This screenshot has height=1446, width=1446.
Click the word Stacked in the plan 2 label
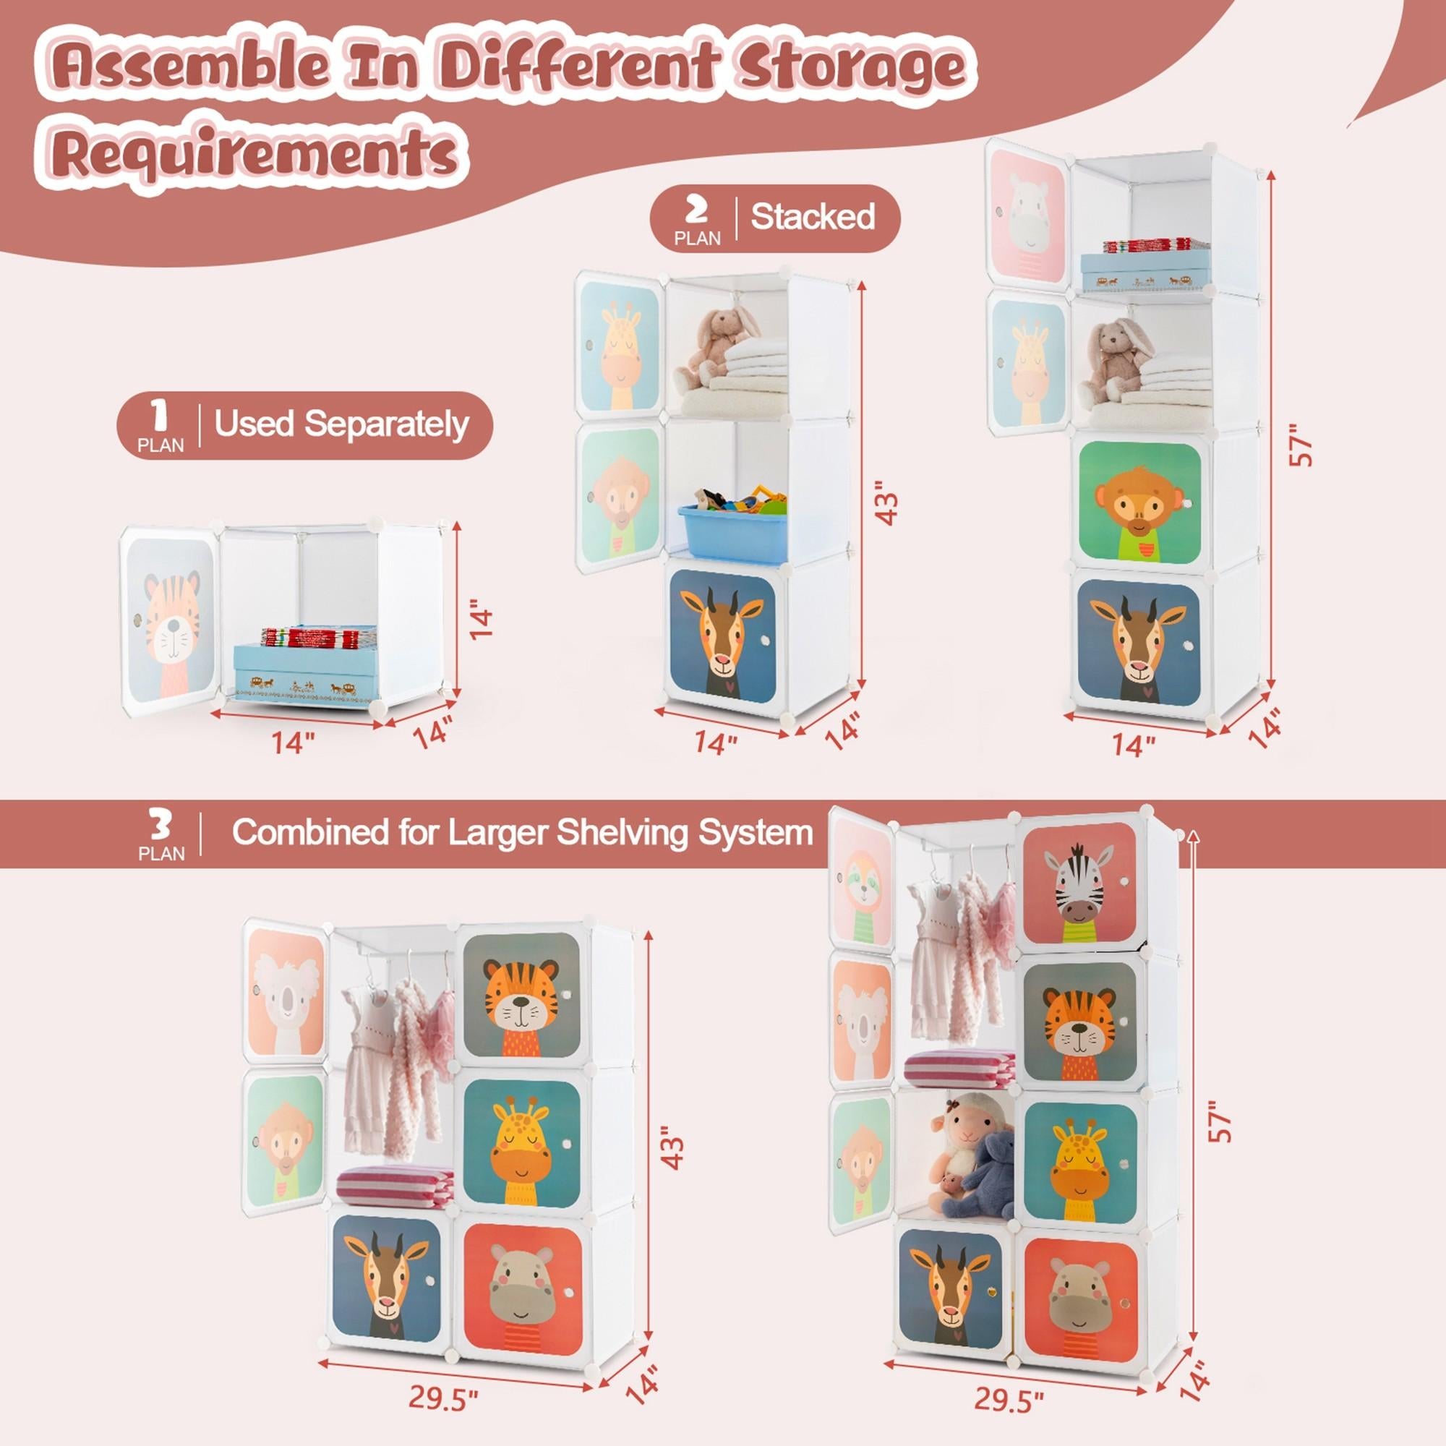[x=813, y=217]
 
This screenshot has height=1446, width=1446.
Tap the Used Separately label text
[x=341, y=424]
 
